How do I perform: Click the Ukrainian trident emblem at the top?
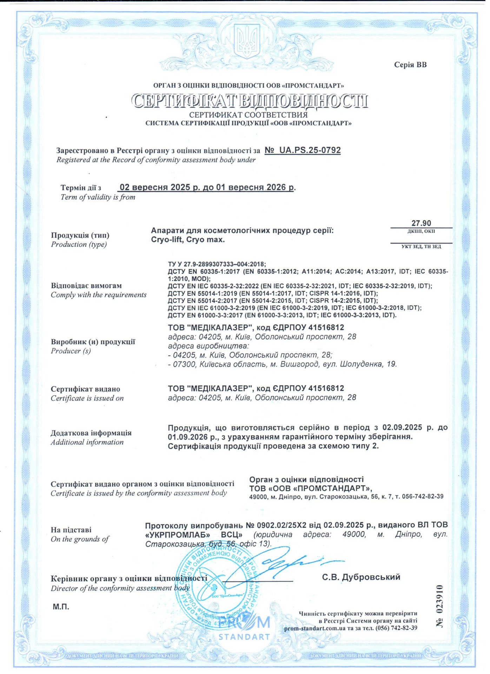247,41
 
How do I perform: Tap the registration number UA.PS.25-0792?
303,150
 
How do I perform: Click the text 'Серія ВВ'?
410,65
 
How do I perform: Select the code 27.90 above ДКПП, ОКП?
421,223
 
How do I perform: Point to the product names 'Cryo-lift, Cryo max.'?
188,240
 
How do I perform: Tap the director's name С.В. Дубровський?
361,577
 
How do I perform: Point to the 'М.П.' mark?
61,607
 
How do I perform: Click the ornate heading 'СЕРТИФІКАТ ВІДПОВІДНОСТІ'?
250,101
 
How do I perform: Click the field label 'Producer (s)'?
71,351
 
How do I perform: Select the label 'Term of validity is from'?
98,197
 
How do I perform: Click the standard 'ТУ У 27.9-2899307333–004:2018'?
217,264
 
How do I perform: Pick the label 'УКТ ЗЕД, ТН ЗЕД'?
421,246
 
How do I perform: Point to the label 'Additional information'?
87,442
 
